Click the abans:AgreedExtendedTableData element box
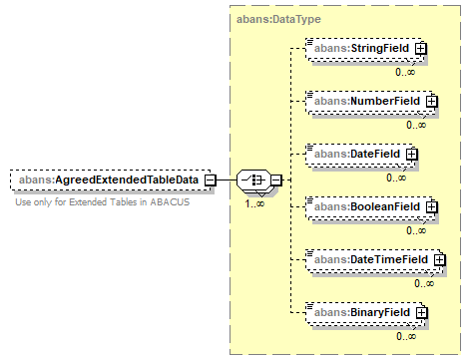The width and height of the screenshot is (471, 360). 111,180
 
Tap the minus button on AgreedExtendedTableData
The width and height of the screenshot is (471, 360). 210,180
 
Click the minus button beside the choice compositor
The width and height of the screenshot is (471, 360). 276,180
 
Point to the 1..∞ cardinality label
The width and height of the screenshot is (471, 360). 254,203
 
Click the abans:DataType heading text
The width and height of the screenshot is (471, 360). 278,19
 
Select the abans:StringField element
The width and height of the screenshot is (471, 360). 365,49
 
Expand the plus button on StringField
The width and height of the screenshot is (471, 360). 421,49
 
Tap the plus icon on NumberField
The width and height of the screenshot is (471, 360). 432,101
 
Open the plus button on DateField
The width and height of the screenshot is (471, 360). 412,154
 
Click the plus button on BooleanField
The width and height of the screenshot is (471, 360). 432,206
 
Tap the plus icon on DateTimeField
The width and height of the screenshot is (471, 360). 440,259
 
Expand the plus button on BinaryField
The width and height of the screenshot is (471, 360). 422,312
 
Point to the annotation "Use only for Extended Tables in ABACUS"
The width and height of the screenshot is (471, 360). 103,202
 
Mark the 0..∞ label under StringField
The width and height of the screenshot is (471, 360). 405,72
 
